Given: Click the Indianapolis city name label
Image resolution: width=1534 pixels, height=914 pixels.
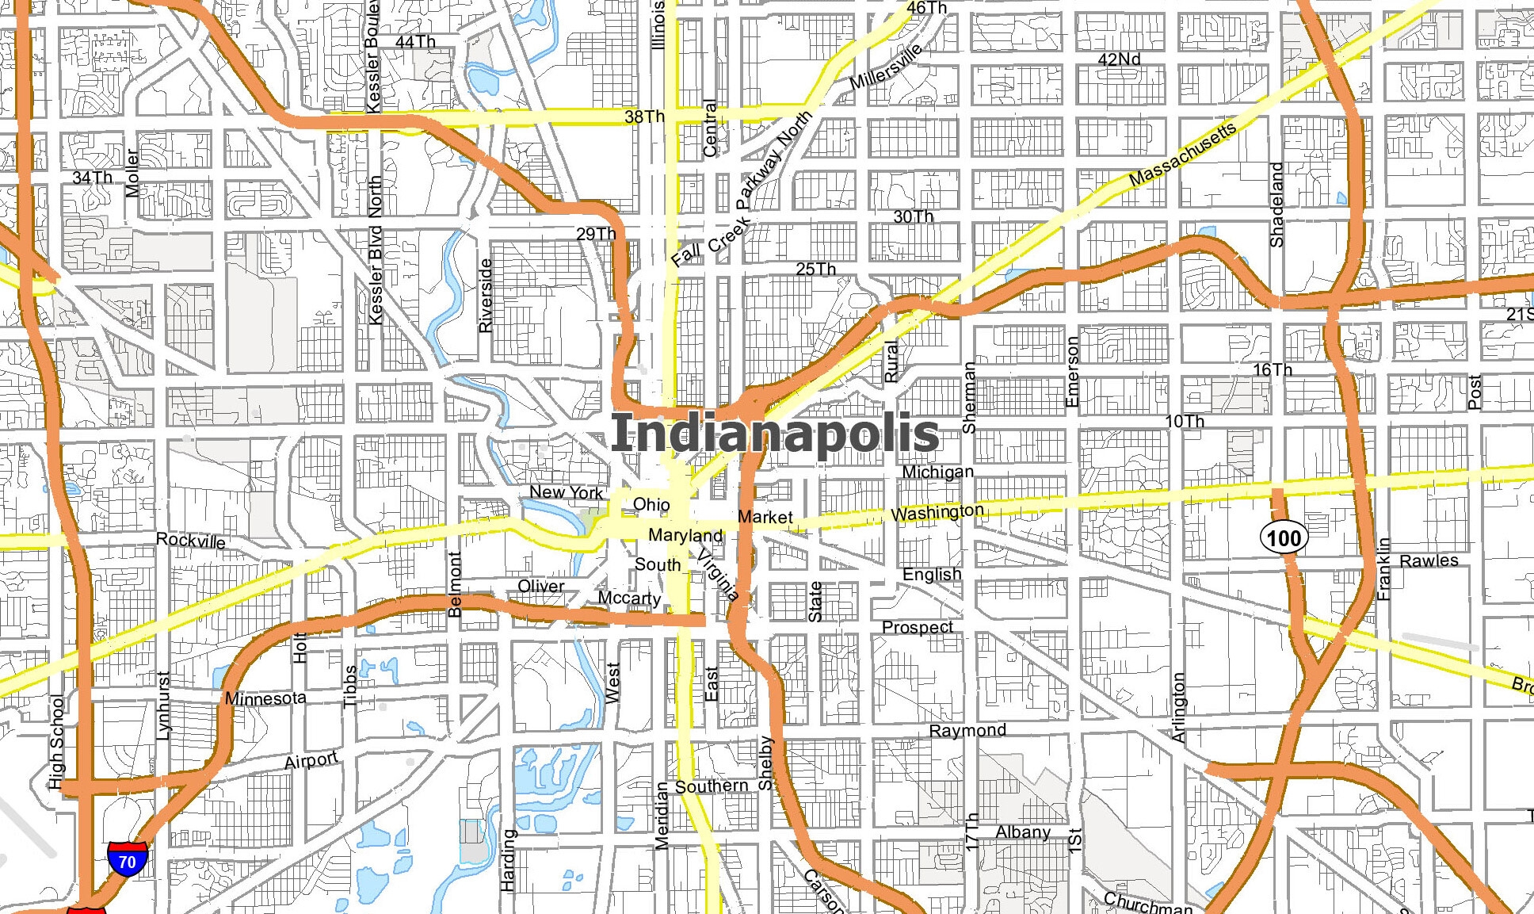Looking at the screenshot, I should (775, 434).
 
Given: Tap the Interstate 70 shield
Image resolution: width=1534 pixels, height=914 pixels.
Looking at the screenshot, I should (127, 859).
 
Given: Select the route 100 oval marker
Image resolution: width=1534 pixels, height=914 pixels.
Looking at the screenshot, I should (1284, 538).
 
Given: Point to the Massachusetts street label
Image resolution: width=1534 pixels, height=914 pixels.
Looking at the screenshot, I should (1181, 155).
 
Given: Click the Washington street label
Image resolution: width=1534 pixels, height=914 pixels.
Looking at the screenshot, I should (937, 512).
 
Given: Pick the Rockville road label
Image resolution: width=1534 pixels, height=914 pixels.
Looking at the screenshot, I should (190, 541).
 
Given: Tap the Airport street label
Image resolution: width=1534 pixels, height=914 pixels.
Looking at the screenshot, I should (311, 760).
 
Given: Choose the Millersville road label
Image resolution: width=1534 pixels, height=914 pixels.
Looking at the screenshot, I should (886, 67).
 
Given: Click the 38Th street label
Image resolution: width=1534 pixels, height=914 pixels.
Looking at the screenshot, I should (644, 117).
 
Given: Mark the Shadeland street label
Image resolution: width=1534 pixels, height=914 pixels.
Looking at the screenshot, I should (1276, 205).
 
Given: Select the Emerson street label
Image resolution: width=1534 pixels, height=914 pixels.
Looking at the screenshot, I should (1072, 372).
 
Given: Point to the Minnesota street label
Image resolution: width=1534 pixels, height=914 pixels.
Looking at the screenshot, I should (265, 698).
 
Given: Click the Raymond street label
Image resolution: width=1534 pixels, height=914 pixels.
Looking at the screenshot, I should (967, 730).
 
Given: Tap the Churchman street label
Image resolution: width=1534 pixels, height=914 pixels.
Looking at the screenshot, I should (1147, 902).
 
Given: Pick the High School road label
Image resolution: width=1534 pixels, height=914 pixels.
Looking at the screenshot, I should (56, 742).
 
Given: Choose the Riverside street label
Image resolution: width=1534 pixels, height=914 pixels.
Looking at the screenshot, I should (486, 295).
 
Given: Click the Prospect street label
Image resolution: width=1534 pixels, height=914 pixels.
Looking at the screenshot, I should (918, 627).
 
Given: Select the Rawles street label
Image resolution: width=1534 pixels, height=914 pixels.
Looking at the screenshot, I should (1429, 560).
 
